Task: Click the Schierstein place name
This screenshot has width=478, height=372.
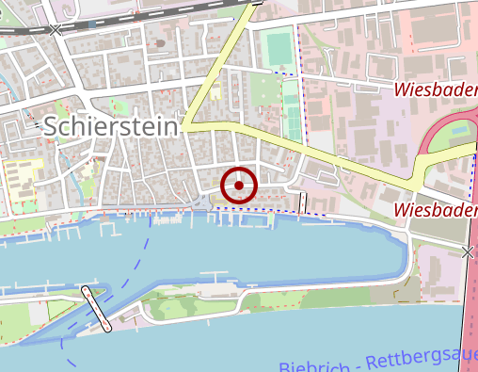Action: [110, 125]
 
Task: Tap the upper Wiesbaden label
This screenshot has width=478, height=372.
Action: [436, 90]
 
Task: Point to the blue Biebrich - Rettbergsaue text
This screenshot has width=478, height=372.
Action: [376, 361]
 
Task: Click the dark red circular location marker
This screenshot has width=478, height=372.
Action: [239, 185]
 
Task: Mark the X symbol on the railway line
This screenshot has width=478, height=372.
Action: [56, 30]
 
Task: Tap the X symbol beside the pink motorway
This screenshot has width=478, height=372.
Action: [468, 251]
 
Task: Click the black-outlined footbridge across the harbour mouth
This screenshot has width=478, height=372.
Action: [96, 309]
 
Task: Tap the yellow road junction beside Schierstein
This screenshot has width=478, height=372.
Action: [185, 124]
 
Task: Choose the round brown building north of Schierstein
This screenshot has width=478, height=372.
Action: [161, 43]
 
